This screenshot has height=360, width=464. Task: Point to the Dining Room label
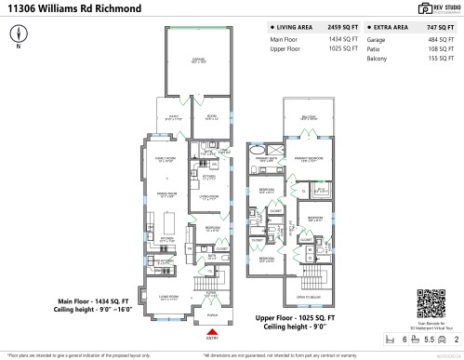[x=166, y=193]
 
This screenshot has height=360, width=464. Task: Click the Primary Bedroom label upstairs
[x=309, y=159]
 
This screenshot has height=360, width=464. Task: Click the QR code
[x=431, y=304]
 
